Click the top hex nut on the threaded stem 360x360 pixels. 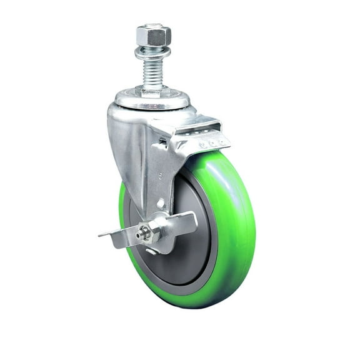tap(153, 35)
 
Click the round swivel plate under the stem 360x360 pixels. tap(152, 101)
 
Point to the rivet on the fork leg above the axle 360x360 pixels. tap(161, 203)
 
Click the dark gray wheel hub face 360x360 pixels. tap(194, 250)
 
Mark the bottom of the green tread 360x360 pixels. tap(187, 303)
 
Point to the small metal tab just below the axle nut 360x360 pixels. tap(151, 251)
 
